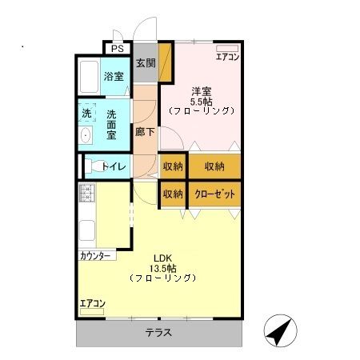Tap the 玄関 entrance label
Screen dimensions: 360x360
click(x=145, y=64)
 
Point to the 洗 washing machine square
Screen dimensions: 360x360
click(x=86, y=114)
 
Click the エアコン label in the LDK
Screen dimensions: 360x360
click(x=92, y=302)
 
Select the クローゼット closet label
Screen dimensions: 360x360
click(x=214, y=194)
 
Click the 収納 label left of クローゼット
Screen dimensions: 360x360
click(x=173, y=194)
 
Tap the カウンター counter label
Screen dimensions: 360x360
click(x=96, y=256)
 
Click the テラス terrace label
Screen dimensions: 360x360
click(x=158, y=333)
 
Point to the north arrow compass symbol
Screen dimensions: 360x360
click(x=277, y=330)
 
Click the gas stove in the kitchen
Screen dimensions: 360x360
click(x=86, y=194)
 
